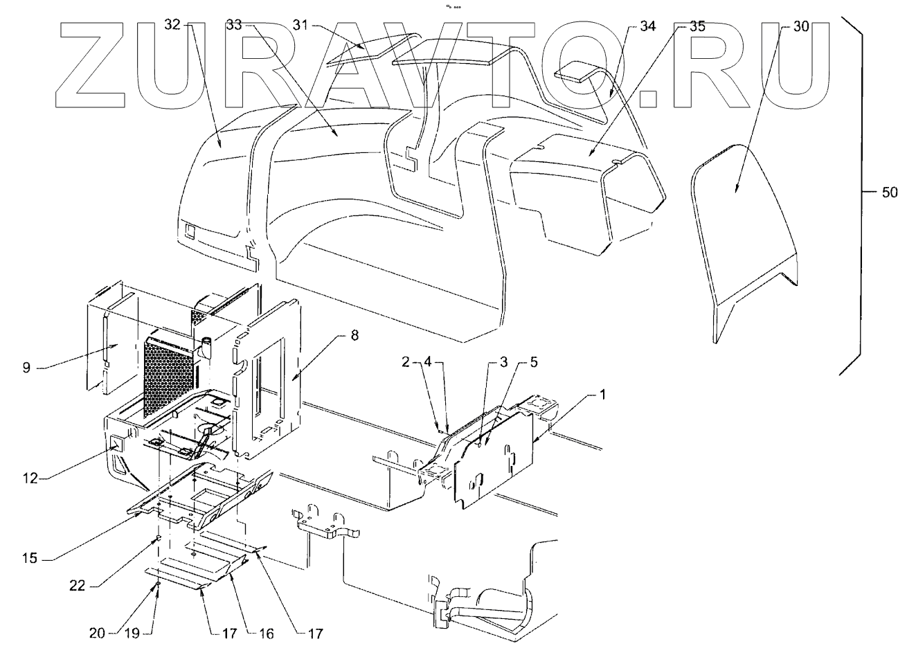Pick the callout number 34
pyautogui.click(x=648, y=27)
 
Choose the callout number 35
pyautogui.click(x=697, y=27)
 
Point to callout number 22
pyautogui.click(x=77, y=584)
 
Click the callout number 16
pyautogui.click(x=267, y=633)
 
